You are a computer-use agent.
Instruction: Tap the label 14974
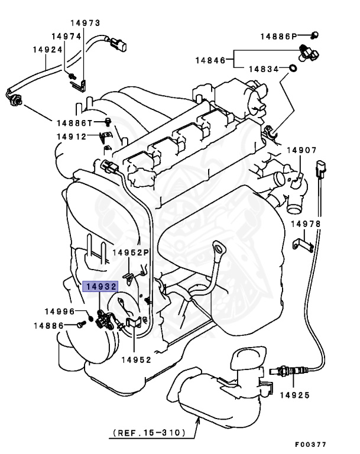[66, 36]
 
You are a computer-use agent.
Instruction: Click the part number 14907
[303, 150]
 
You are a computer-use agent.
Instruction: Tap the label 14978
[306, 224]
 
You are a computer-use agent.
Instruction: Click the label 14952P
[132, 252]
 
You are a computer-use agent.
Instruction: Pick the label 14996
[62, 312]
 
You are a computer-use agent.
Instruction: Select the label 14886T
[75, 123]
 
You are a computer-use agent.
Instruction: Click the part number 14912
[72, 137]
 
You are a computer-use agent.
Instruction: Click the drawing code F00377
[310, 444]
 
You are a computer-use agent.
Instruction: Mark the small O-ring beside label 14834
[292, 70]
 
